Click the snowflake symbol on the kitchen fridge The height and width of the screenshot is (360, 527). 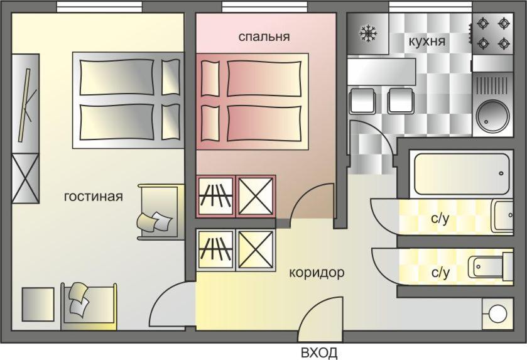tap(368, 33)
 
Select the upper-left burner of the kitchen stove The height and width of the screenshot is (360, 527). tap(483, 23)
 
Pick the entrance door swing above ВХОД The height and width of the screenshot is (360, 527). tap(320, 319)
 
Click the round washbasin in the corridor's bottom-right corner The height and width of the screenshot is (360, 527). tap(497, 314)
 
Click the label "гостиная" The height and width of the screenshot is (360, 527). tap(94, 196)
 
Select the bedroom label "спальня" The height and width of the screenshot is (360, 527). tap(264, 36)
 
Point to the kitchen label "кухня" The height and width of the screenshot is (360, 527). tap(427, 41)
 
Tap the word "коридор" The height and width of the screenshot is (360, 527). tap(317, 273)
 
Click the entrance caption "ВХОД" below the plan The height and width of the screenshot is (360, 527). tap(319, 353)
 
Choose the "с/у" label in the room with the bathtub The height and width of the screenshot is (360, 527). tap(440, 219)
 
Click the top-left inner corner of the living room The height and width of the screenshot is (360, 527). tap(12, 13)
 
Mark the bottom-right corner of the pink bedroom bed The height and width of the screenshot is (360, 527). tap(308, 150)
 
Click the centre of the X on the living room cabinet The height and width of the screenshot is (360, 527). tap(26, 178)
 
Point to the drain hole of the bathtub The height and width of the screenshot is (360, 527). tap(501, 174)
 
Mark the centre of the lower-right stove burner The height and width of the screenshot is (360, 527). tap(504, 43)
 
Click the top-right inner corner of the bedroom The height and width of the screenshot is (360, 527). tap(336, 13)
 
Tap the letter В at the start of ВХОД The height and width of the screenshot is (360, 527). tap(305, 353)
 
